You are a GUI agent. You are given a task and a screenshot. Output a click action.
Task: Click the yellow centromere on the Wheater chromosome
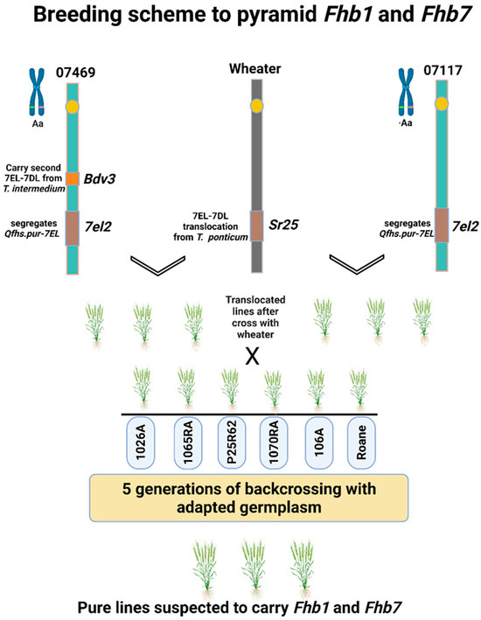256,106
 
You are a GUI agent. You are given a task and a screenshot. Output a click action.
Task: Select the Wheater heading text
255,67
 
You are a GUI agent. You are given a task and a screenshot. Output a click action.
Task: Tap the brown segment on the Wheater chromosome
256,225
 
